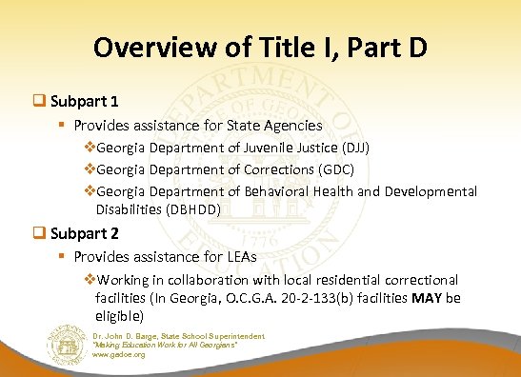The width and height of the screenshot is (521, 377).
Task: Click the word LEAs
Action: point(243,257)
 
